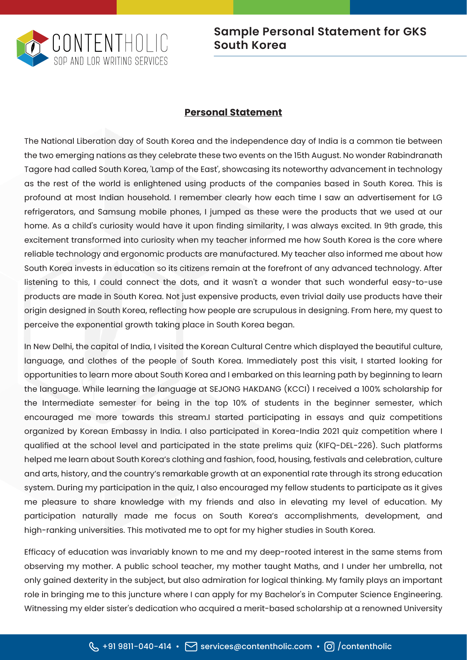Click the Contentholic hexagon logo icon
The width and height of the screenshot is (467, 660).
(x=33, y=48)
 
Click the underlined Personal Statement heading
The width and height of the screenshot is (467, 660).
(x=233, y=112)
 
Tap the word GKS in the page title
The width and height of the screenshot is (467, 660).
(x=414, y=32)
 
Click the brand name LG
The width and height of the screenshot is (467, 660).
(x=437, y=198)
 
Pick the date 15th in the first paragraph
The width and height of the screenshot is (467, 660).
(x=302, y=155)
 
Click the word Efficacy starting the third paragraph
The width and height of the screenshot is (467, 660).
(x=39, y=552)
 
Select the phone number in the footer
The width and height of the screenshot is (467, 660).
(x=137, y=646)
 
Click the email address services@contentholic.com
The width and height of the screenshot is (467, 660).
(x=256, y=646)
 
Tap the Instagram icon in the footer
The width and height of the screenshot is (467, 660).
(x=329, y=646)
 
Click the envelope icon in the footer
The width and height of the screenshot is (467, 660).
(x=191, y=646)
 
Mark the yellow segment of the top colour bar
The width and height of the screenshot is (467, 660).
(x=175, y=7)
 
